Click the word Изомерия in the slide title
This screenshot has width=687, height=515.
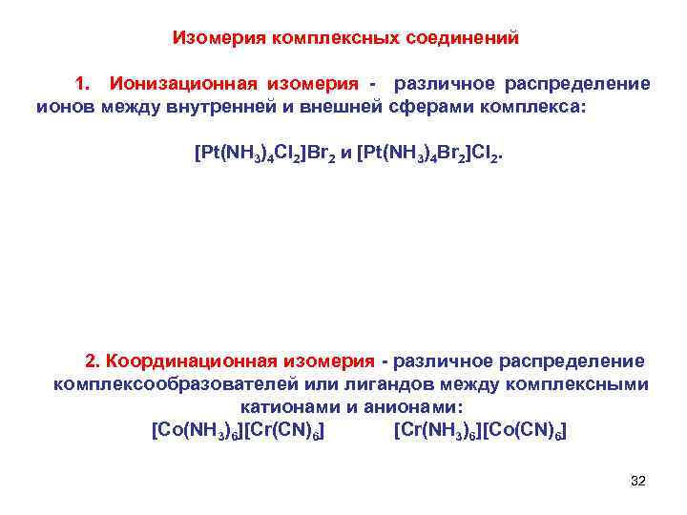219,39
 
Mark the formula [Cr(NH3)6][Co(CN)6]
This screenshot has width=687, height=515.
479,430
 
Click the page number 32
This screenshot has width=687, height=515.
638,481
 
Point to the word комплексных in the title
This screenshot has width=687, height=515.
329,39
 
